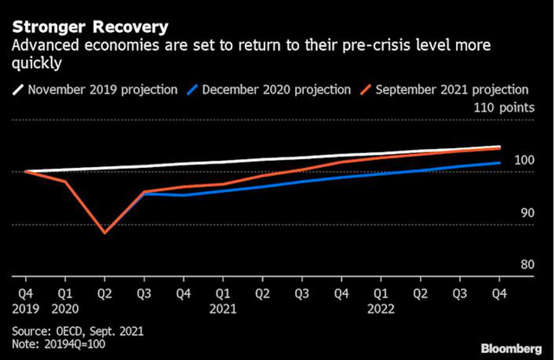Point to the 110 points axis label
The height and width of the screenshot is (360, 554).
pyautogui.click(x=501, y=107)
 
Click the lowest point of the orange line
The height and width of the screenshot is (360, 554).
pyautogui.click(x=105, y=233)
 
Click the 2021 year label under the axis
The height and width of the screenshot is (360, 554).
pyautogui.click(x=223, y=308)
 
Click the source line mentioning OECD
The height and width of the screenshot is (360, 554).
pyautogui.click(x=78, y=331)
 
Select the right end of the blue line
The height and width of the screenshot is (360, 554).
pyautogui.click(x=499, y=163)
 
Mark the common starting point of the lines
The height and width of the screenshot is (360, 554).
pyautogui.click(x=26, y=171)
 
